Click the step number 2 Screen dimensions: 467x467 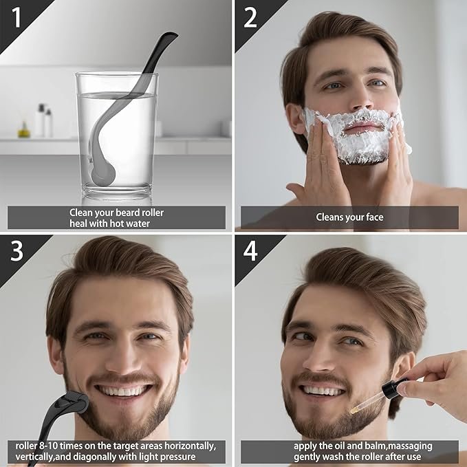[250, 17]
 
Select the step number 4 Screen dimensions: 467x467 [250, 252]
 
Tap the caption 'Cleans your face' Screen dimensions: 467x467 [349, 217]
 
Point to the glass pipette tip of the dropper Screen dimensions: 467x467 [356, 409]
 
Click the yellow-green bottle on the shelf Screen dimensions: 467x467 [24, 130]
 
